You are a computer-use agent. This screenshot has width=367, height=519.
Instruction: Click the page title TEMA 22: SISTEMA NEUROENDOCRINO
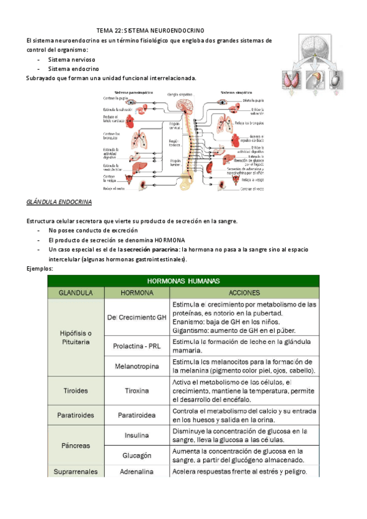coord(150,30)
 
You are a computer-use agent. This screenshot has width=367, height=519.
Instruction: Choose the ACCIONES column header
coord(243,293)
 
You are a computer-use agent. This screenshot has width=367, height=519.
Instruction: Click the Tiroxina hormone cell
coord(136,389)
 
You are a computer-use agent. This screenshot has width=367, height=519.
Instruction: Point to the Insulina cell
coord(136,436)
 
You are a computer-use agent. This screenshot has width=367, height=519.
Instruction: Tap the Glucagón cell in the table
coord(136,456)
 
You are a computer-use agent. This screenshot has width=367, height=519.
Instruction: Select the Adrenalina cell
coord(136,471)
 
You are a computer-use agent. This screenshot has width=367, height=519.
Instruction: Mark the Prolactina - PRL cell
coord(136,346)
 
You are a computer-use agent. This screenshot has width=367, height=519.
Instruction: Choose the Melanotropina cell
coord(136,366)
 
